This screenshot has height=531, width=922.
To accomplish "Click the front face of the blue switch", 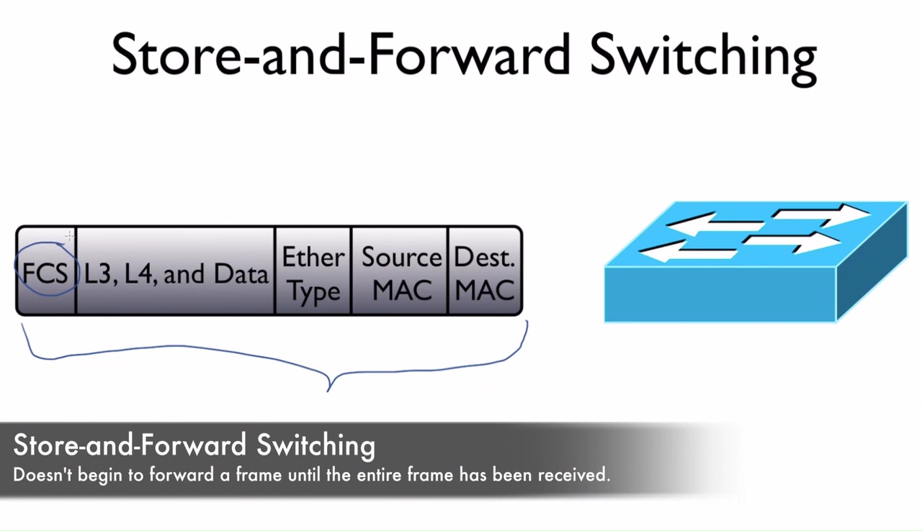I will tap(720, 294).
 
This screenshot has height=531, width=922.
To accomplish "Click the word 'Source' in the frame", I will tap(401, 257).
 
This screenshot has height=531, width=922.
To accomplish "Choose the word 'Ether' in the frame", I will tap(313, 257).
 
